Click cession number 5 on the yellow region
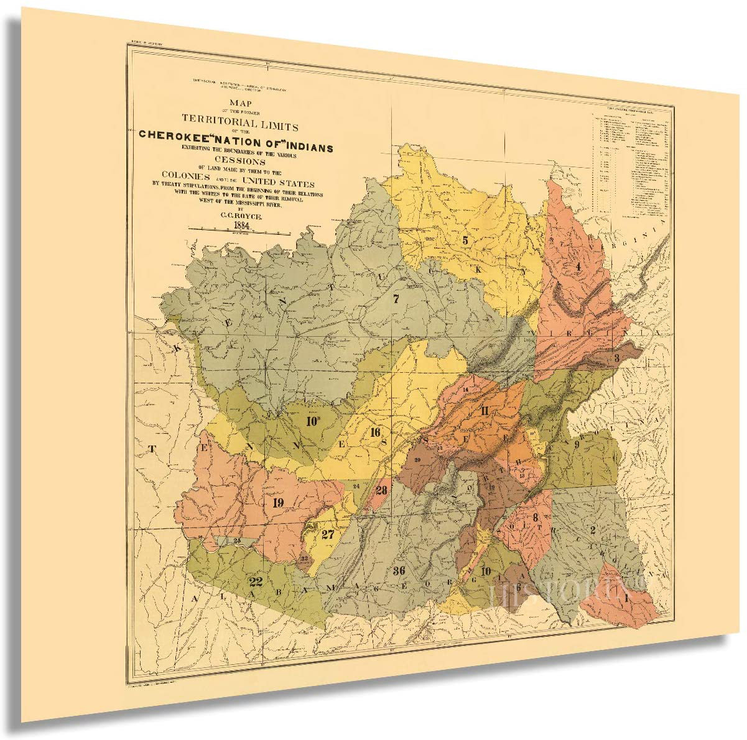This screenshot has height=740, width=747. click(465, 239)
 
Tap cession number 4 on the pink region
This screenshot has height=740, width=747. click(578, 267)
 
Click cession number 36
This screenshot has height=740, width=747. click(399, 570)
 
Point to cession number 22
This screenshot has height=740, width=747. click(255, 582)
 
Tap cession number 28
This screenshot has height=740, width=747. click(381, 490)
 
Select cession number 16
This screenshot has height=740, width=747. click(375, 432)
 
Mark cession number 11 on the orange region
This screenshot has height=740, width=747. click(485, 410)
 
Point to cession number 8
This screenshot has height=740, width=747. click(534, 517)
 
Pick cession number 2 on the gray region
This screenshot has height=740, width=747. click(593, 530)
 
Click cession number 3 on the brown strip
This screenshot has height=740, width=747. click(616, 358)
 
